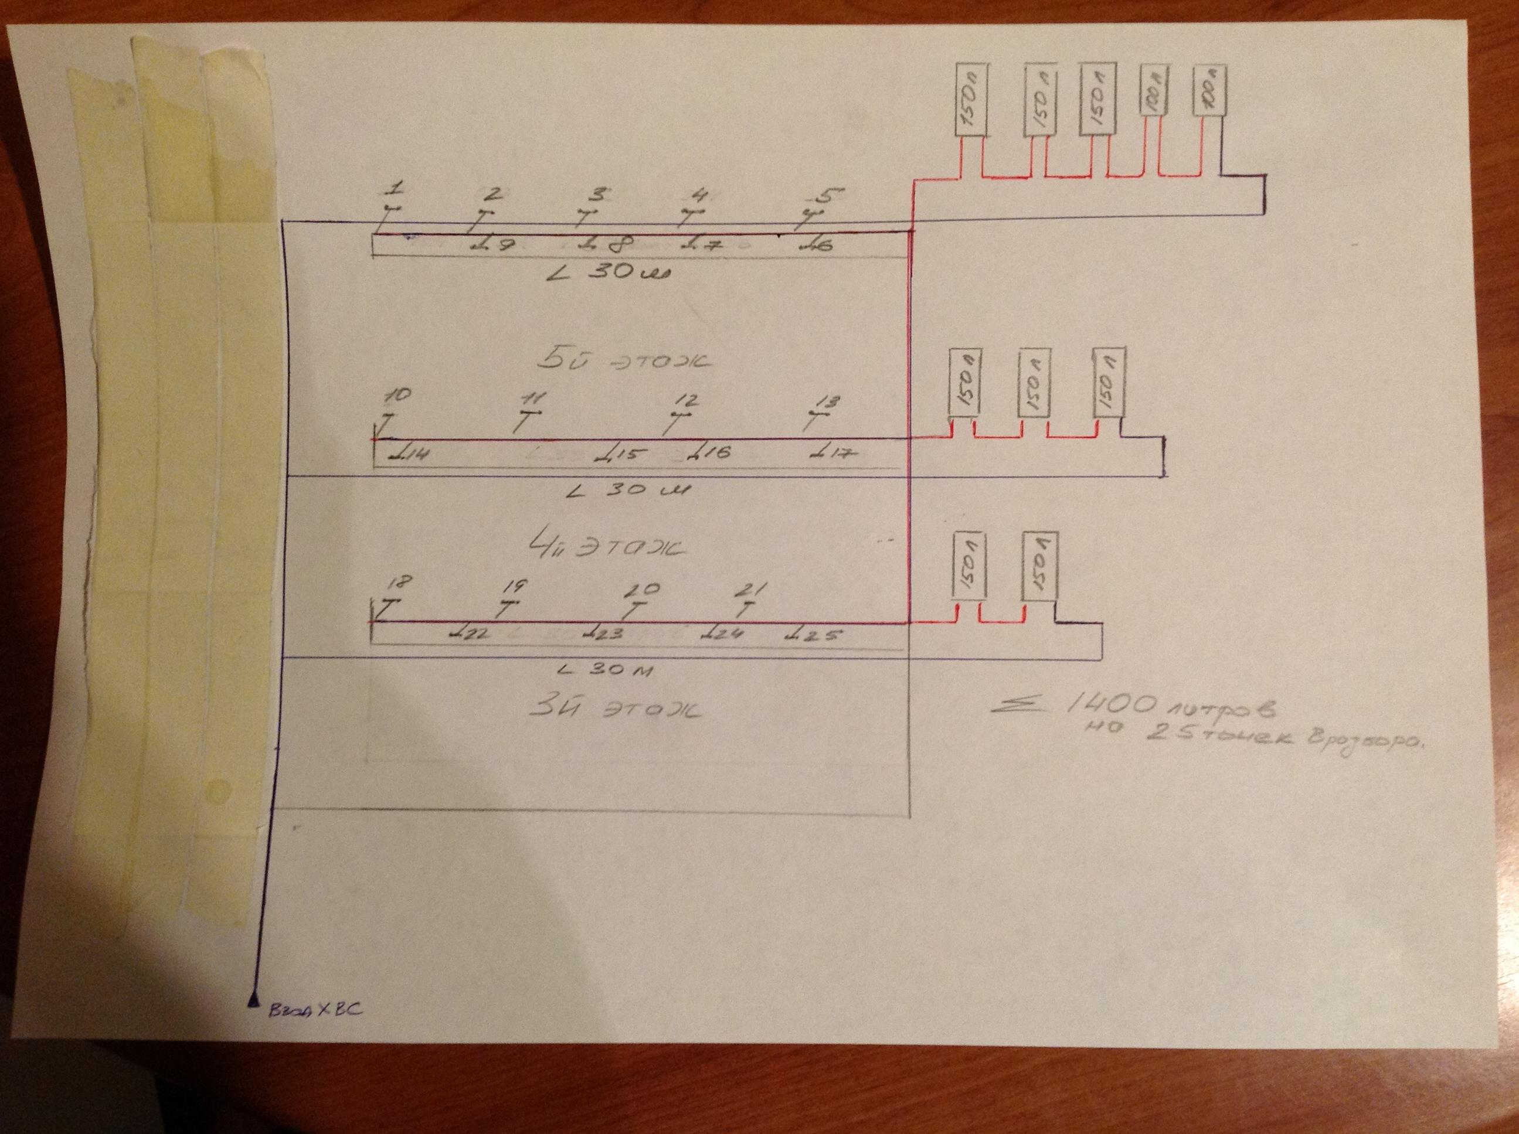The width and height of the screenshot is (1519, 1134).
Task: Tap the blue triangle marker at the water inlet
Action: pos(254,1003)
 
